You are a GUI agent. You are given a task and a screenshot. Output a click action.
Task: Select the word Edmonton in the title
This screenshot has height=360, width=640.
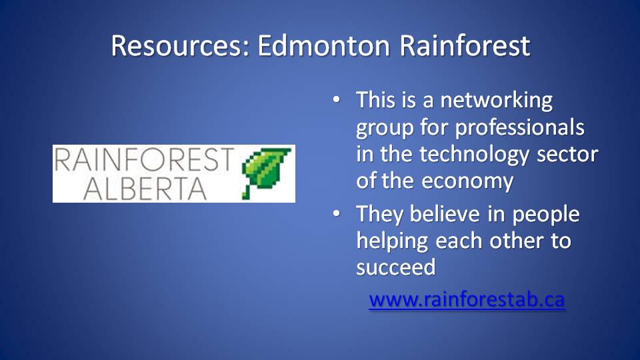click(x=324, y=45)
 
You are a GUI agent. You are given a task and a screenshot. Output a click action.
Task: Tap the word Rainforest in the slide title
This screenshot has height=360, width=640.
click(x=465, y=45)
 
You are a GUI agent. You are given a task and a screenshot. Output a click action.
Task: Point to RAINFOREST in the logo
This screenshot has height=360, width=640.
click(x=145, y=160)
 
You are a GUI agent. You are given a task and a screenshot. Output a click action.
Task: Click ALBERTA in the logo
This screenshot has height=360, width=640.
click(x=145, y=189)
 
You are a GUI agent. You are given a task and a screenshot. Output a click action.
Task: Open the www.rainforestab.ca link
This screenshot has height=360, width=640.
click(x=467, y=299)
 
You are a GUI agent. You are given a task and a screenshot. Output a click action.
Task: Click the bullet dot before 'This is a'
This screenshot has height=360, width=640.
click(x=336, y=99)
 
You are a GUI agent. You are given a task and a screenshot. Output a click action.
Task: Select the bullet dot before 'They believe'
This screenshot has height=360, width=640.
click(x=336, y=213)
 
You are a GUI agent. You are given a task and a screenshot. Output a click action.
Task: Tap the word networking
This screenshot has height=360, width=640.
click(x=496, y=101)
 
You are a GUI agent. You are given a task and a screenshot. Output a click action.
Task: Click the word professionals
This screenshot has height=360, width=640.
click(x=519, y=128)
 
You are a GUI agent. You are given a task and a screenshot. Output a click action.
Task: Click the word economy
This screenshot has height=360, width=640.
click(x=468, y=181)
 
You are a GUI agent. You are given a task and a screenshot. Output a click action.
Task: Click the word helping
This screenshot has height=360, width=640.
click(x=392, y=241)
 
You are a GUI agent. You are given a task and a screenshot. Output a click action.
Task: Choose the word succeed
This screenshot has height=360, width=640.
click(x=396, y=268)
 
